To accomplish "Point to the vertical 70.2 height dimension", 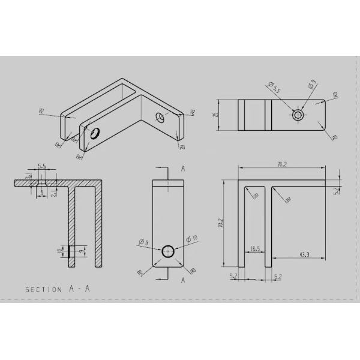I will point(221,223).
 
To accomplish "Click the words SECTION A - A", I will point(58,289).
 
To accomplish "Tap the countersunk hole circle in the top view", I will point(298,114).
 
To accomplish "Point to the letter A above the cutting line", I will point(183,169).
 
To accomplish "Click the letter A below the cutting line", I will point(182,280).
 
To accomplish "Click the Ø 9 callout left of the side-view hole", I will point(143,242).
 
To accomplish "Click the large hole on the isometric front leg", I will point(94,133).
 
